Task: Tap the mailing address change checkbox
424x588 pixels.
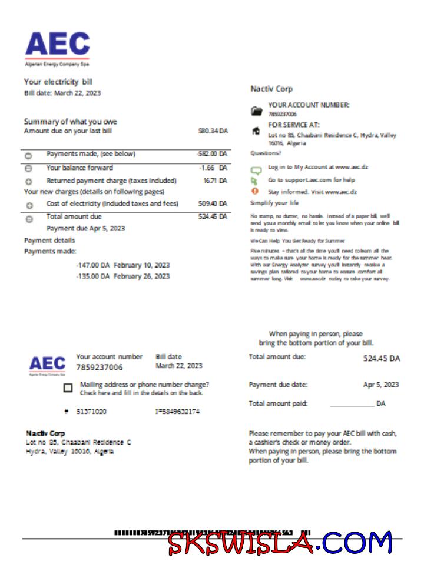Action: [68, 388]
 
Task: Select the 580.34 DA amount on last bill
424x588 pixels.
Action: [213, 131]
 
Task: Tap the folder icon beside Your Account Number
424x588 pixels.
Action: [256, 111]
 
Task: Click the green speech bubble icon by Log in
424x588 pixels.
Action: [256, 169]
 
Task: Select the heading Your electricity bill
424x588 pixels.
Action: [58, 82]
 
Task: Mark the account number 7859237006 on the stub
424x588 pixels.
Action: [100, 367]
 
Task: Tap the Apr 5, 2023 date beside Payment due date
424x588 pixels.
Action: [380, 385]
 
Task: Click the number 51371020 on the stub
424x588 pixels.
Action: [92, 412]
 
